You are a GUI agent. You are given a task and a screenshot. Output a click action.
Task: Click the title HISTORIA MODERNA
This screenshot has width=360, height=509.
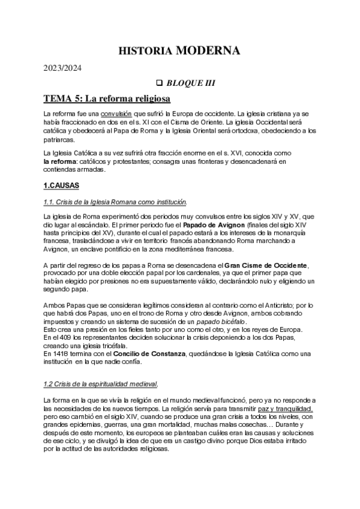180,50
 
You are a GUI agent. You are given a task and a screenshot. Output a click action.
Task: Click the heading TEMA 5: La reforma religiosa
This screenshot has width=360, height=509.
107,98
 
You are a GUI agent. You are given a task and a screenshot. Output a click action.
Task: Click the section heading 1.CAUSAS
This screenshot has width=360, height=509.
62,186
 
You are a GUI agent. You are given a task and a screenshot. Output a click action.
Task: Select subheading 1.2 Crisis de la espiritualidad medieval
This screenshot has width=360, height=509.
101,384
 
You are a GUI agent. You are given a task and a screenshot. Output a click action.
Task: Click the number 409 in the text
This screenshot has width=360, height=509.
62,338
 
